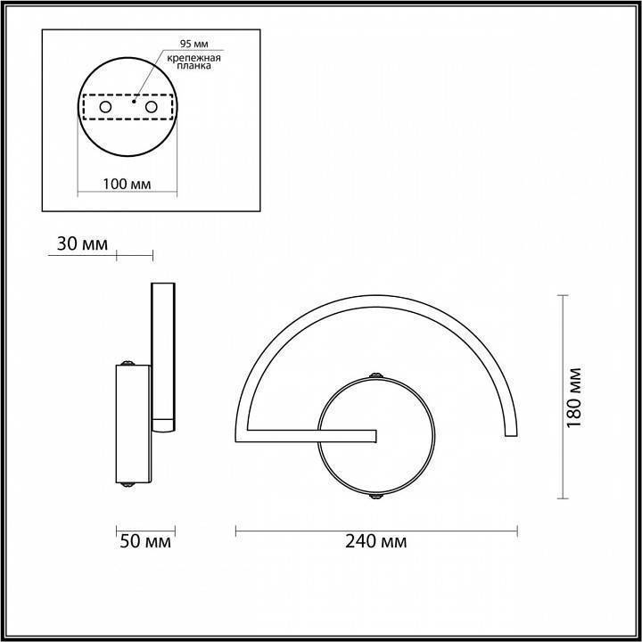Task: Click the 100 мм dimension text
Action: pos(125,185)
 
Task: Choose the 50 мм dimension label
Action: pos(144,541)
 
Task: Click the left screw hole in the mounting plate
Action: pos(105,108)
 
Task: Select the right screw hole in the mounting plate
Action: pos(151,108)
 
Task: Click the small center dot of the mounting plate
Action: pos(132,102)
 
